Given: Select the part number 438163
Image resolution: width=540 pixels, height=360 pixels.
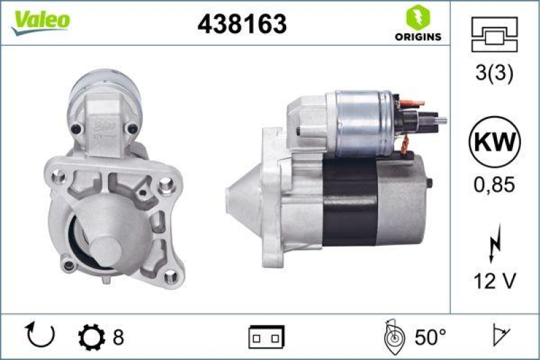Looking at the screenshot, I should (x=242, y=24).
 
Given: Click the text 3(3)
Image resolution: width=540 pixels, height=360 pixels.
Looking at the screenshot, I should (x=494, y=74).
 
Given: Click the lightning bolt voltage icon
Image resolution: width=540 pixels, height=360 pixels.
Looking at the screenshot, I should (x=494, y=242).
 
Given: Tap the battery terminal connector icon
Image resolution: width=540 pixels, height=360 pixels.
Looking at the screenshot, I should (x=266, y=336).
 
